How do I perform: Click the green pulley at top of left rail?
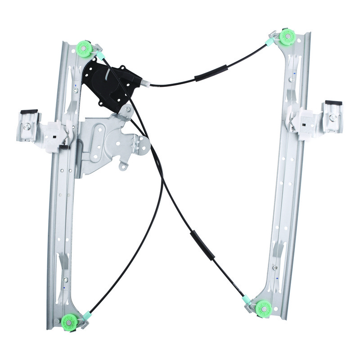pos(84,47)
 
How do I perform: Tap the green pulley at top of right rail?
pos(286,37)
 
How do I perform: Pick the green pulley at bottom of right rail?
pos(263,309)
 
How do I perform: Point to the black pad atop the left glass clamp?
pos(29,112)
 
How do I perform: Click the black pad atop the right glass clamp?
pos(333,103)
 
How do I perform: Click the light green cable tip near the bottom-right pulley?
pos(247,299)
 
